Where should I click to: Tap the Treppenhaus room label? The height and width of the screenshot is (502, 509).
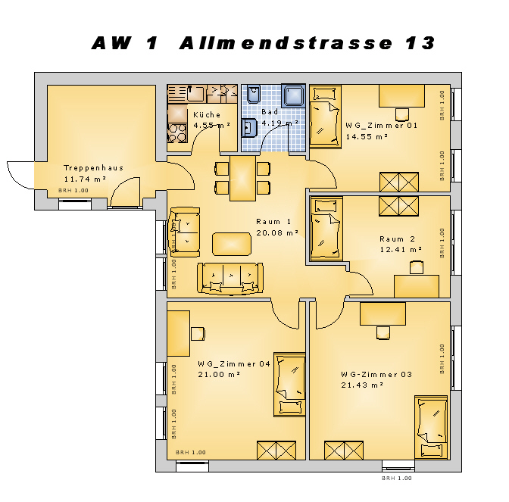click(x=93, y=168)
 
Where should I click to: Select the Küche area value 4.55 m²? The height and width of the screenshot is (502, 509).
click(x=211, y=125)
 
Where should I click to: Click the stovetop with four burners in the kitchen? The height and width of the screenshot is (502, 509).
click(x=177, y=133)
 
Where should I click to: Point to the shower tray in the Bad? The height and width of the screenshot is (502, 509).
click(x=293, y=95)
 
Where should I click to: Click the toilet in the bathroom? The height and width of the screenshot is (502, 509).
click(x=253, y=94)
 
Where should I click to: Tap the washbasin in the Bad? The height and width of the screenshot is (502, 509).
click(x=249, y=128)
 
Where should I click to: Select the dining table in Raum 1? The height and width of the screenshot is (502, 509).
click(x=242, y=178)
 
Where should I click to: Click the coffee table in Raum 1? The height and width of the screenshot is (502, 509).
click(x=232, y=244)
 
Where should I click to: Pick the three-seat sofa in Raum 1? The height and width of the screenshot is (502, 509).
click(x=230, y=279)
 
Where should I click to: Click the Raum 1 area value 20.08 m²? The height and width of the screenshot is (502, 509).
click(x=277, y=232)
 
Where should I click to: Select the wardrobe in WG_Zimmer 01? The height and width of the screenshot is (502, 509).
click(x=399, y=182)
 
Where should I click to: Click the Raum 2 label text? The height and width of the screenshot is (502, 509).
click(x=398, y=239)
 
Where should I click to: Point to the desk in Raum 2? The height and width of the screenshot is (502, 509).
click(x=417, y=286)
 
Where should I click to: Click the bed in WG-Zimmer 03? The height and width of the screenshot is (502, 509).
click(x=431, y=427)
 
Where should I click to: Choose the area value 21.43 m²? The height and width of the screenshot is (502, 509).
click(x=362, y=385)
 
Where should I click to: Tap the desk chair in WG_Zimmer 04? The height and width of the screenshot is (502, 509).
click(x=198, y=334)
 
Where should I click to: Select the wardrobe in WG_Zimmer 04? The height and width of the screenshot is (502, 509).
click(x=276, y=451)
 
